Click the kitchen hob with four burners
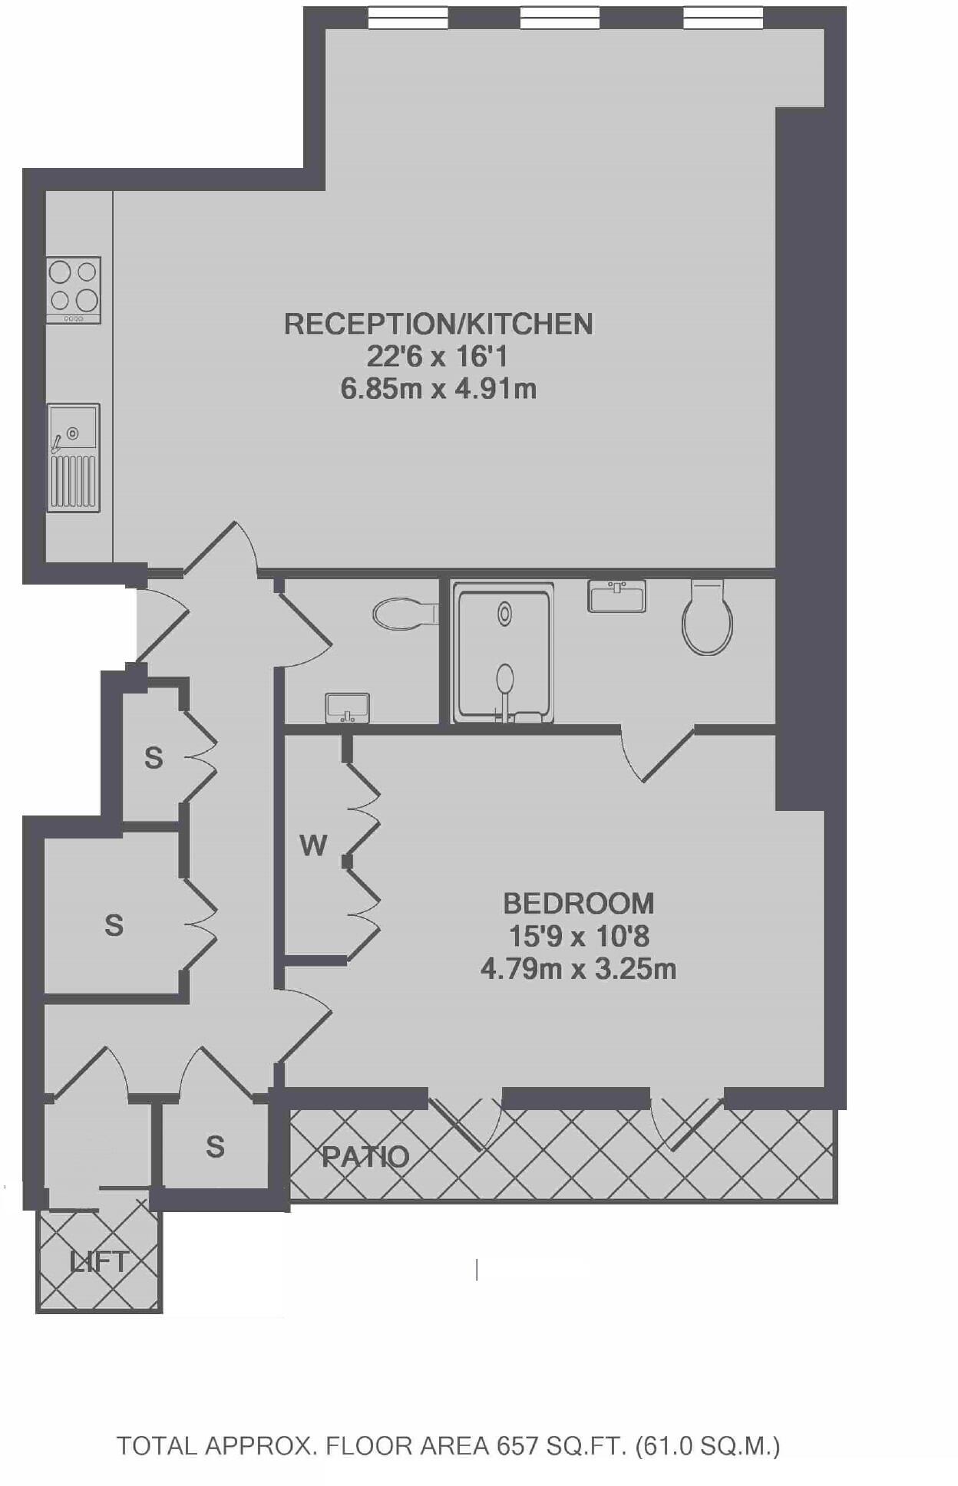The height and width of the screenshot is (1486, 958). (73, 289)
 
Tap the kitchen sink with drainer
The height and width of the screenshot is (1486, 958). (73, 457)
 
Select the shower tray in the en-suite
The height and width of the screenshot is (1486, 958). (503, 653)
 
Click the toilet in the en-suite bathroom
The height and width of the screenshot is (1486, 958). (707, 618)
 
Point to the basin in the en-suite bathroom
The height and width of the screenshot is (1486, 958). (616, 596)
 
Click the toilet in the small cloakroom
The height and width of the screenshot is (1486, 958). (405, 614)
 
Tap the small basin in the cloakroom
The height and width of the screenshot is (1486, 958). (348, 707)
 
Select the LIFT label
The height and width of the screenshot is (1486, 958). (98, 1262)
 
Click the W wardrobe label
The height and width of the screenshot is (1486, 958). (313, 845)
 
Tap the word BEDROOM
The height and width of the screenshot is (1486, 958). (578, 904)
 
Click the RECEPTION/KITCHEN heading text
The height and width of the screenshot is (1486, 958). (438, 324)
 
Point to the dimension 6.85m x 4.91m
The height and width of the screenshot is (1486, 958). (438, 389)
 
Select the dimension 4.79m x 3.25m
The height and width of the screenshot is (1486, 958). (578, 969)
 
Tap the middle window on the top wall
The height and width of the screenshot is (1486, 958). (560, 18)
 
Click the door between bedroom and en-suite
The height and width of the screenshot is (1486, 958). (659, 756)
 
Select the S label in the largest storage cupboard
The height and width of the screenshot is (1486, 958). (114, 925)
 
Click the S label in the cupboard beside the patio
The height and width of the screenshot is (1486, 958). (215, 1147)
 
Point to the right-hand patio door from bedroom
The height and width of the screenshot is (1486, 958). (687, 1122)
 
